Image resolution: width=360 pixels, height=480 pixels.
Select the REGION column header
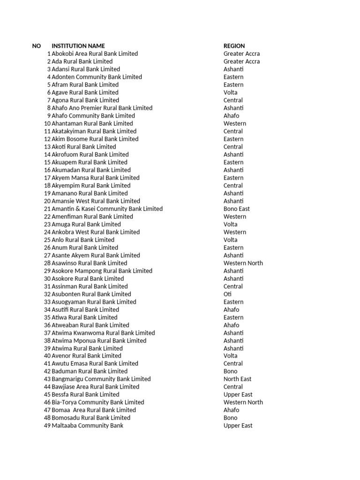click(234, 46)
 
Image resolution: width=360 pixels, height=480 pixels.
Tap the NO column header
click(37, 46)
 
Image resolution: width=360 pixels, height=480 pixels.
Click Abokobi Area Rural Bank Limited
click(95, 54)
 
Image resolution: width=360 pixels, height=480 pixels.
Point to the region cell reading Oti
click(228, 294)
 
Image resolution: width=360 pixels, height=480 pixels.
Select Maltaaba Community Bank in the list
click(87, 426)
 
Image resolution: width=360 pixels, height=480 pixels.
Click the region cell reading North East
click(237, 379)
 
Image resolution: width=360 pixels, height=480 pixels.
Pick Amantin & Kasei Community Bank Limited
click(107, 209)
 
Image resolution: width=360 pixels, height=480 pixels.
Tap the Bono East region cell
click(237, 209)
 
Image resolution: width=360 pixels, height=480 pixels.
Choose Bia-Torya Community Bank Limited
click(97, 402)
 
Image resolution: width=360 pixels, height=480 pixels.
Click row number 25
click(47, 240)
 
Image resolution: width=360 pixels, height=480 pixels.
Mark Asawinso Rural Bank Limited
click(89, 263)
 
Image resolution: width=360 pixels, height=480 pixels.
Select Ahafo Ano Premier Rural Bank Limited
click(102, 108)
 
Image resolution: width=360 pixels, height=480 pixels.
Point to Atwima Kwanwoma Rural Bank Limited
click(103, 333)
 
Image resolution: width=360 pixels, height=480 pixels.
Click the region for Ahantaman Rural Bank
click(234, 124)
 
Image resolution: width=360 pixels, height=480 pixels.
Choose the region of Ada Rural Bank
click(241, 61)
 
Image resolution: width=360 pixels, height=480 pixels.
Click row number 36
click(47, 325)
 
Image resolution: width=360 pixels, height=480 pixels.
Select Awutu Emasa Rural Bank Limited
click(95, 363)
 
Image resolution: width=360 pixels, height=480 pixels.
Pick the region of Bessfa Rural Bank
click(238, 395)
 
